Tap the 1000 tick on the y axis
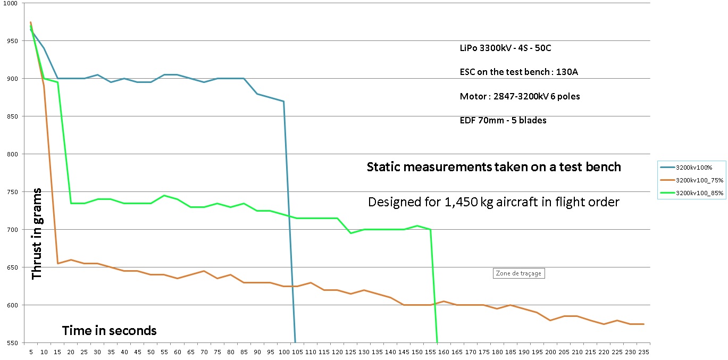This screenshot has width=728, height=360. [x=11, y=3]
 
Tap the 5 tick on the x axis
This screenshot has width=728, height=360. [x=30, y=352]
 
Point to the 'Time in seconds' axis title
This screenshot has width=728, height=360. [x=110, y=331]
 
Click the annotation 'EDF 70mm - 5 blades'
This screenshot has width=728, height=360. [x=503, y=120]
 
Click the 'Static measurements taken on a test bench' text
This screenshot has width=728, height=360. [x=493, y=167]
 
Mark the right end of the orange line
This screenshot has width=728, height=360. [x=644, y=324]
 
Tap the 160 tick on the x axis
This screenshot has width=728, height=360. [x=444, y=352]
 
